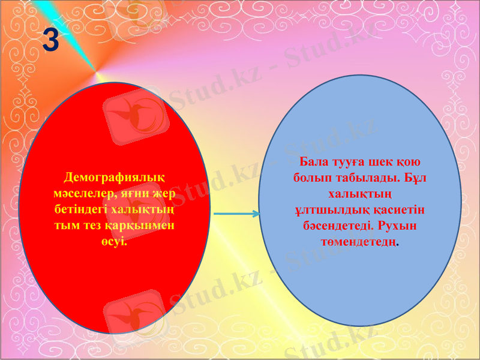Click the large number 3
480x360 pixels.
pos(52,41)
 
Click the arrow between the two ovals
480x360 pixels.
pos(237,214)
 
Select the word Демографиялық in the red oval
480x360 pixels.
pos(115,178)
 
